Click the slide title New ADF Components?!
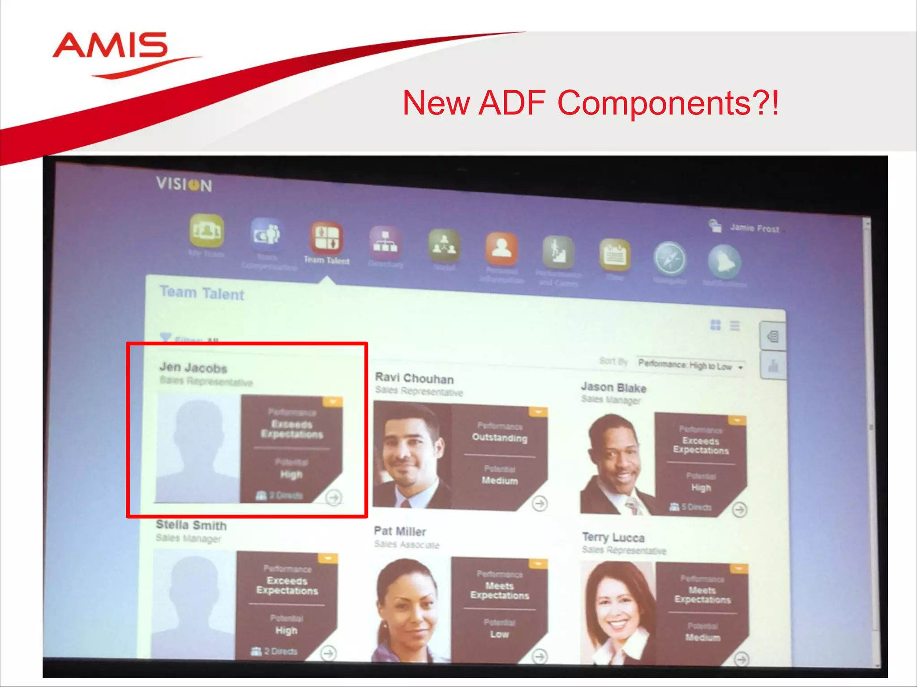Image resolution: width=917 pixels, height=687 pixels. pyautogui.click(x=590, y=103)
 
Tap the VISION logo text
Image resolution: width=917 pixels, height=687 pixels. pyautogui.click(x=184, y=184)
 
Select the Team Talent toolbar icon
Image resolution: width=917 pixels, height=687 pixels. pyautogui.click(x=326, y=237)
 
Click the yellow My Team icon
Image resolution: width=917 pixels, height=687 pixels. pyautogui.click(x=206, y=231)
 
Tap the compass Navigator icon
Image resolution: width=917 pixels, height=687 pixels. pyautogui.click(x=670, y=259)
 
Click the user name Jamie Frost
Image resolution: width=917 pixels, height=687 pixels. pyautogui.click(x=754, y=228)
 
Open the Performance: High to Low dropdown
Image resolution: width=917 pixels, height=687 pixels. pyautogui.click(x=690, y=366)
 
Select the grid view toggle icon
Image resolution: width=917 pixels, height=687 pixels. pyautogui.click(x=716, y=325)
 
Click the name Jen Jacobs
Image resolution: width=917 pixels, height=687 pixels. pyautogui.click(x=193, y=368)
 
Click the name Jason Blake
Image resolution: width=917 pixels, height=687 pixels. pyautogui.click(x=613, y=387)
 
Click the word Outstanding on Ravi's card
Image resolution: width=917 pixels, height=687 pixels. pyautogui.click(x=500, y=437)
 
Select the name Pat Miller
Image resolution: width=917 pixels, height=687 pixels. pyautogui.click(x=400, y=531)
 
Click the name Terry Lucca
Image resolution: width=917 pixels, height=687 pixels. pyautogui.click(x=613, y=537)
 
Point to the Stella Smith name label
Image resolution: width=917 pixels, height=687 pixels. pyautogui.click(x=191, y=525)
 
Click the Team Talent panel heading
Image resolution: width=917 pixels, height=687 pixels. pyautogui.click(x=202, y=293)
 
